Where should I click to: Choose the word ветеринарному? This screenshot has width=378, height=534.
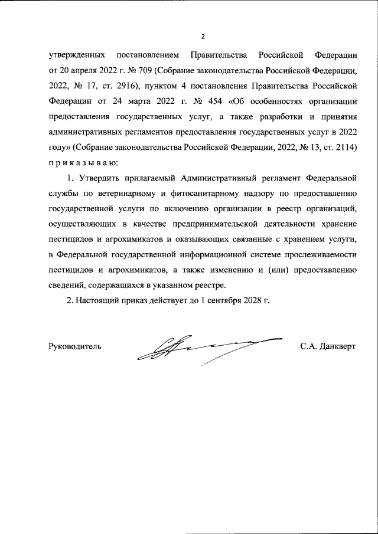click(124, 194)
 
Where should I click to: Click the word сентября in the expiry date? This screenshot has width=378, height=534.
click(219, 301)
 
